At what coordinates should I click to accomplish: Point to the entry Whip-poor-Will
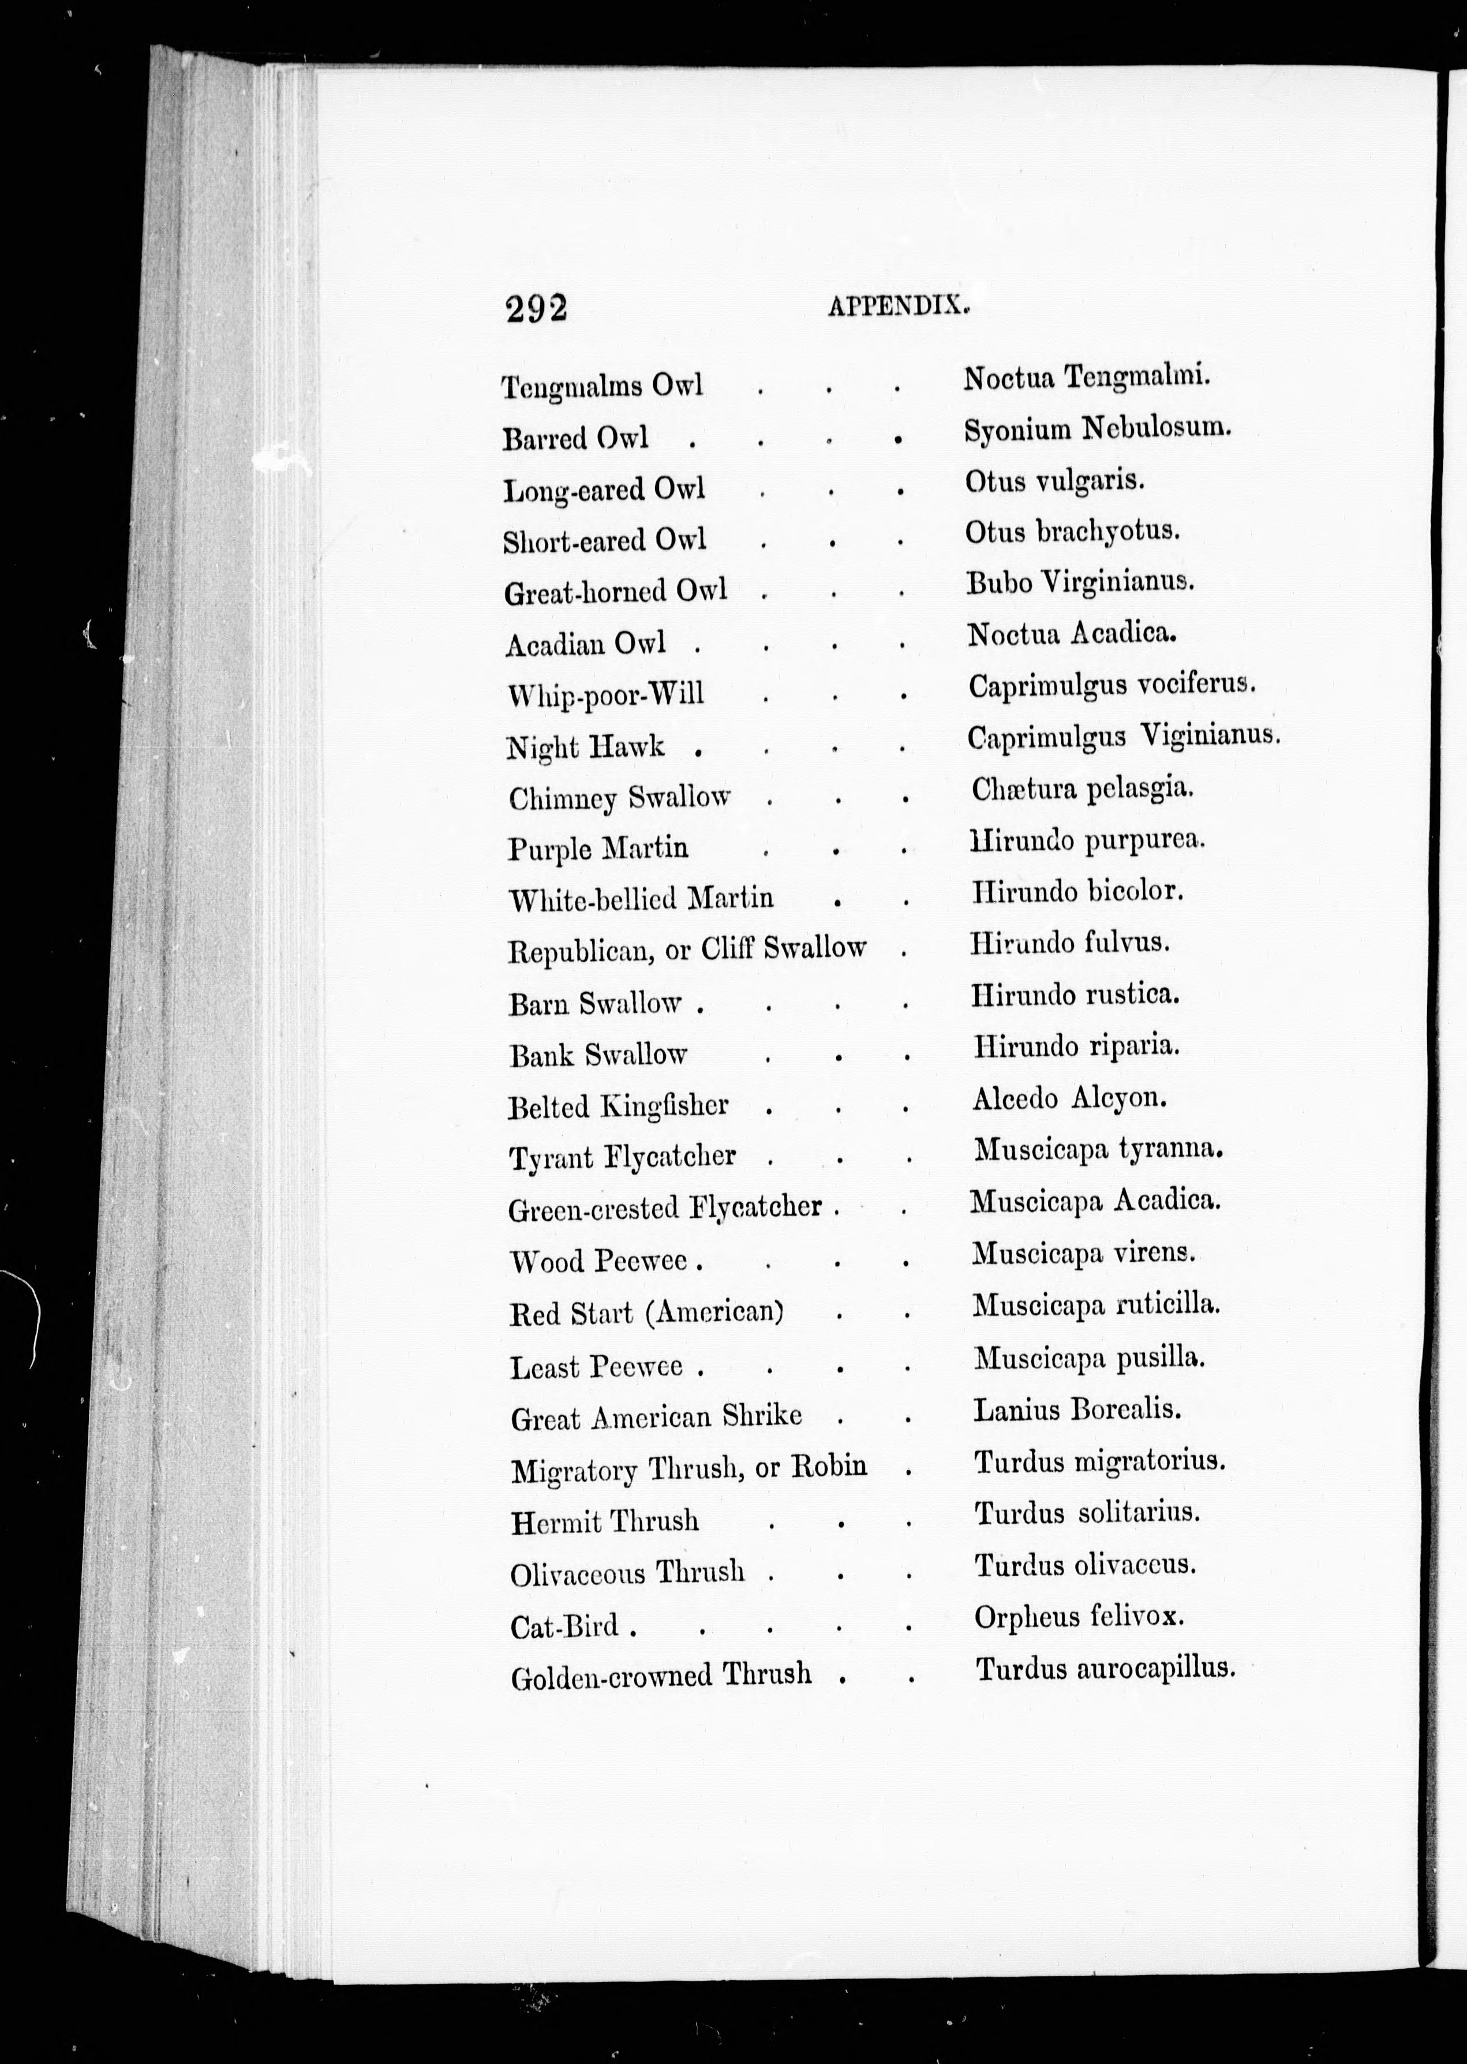tap(605, 694)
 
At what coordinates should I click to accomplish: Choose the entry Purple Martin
tap(597, 848)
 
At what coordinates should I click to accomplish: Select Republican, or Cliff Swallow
tap(687, 949)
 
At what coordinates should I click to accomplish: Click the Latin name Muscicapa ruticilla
tap(1096, 1304)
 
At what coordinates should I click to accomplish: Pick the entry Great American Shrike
tap(656, 1416)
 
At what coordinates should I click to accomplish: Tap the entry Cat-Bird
tap(564, 1628)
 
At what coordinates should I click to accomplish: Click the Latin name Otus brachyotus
tap(1072, 531)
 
